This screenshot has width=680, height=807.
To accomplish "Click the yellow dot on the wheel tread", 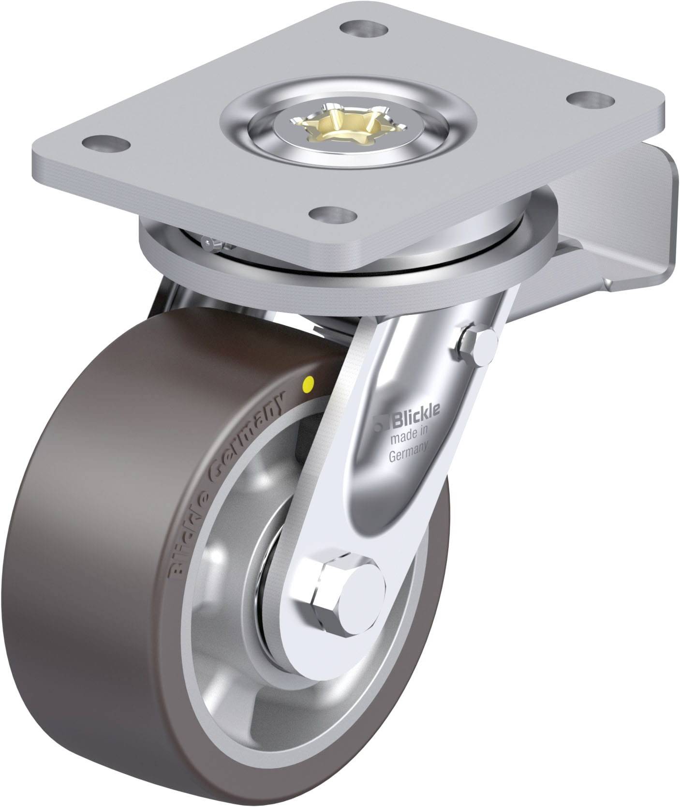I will coord(306,385).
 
